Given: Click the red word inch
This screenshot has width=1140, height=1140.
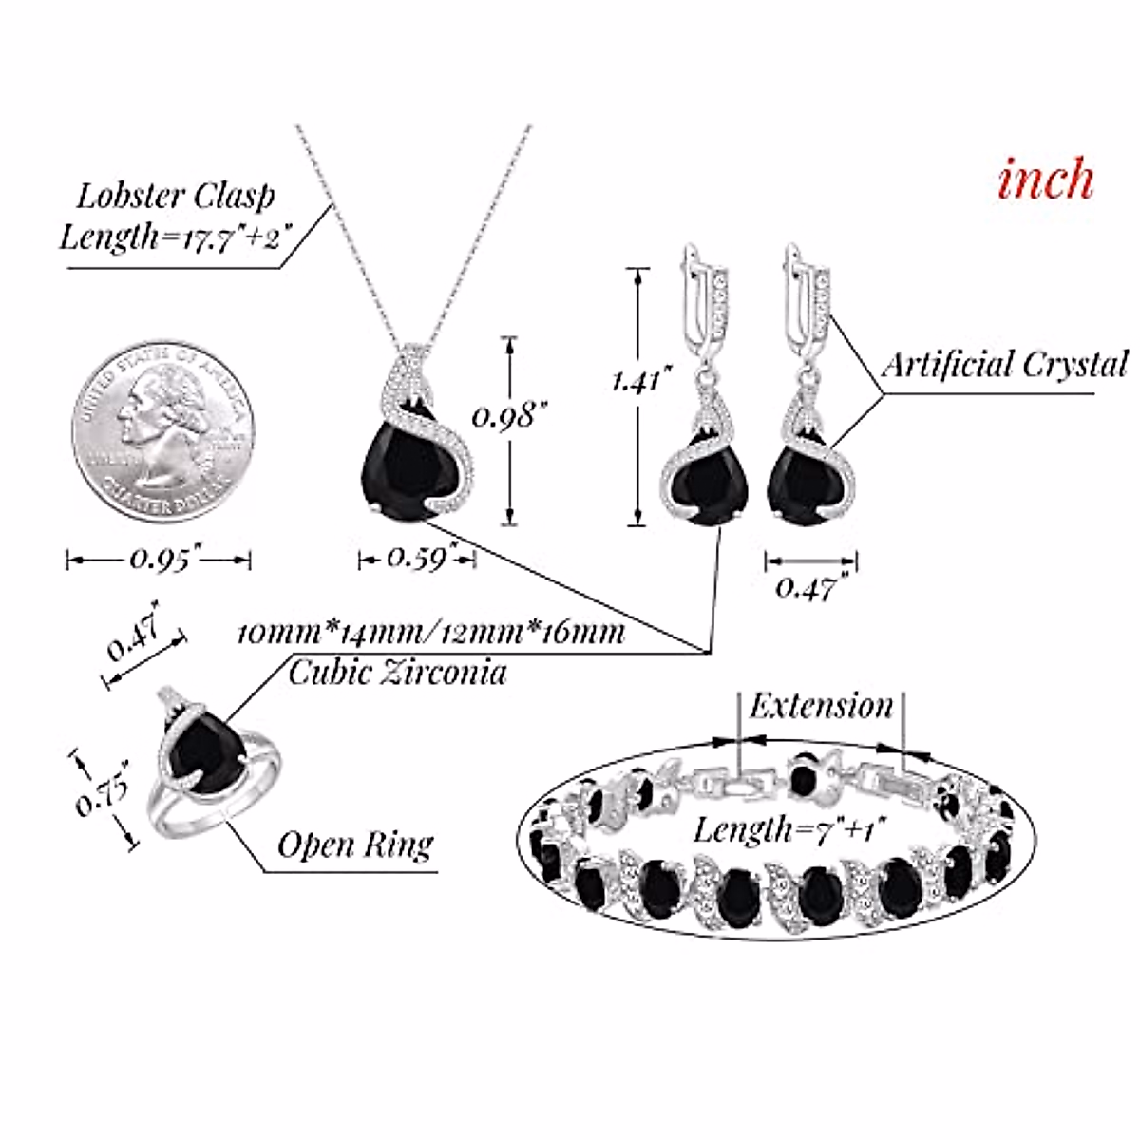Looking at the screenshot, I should [x=1045, y=179].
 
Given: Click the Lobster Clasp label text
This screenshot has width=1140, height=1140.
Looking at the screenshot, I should [x=175, y=196].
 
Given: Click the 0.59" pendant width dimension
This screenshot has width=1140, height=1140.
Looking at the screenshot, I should [x=417, y=558].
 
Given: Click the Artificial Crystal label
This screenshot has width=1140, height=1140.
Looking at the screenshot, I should [x=1004, y=364].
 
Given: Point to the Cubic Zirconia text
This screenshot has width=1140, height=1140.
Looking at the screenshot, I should [x=397, y=673].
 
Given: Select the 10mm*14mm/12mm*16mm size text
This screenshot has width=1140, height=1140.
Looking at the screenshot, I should [x=430, y=633].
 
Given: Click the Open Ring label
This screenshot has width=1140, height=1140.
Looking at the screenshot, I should [x=355, y=845].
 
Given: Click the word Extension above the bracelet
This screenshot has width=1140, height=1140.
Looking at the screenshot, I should [x=821, y=706].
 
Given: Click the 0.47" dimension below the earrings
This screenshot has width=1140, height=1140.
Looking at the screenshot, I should [x=806, y=587].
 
